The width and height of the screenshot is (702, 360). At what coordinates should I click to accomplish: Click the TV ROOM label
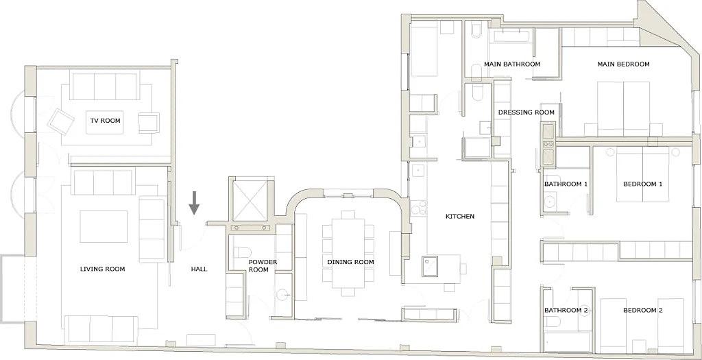pyautogui.click(x=105, y=121)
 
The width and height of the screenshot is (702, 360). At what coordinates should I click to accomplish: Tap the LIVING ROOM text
pyautogui.click(x=103, y=269)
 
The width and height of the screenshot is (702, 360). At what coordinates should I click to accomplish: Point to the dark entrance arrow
pyautogui.click(x=194, y=203)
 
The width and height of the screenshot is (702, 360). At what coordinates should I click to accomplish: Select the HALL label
pyautogui.click(x=199, y=269)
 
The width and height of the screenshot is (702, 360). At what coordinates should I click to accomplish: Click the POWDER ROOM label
pyautogui.click(x=258, y=265)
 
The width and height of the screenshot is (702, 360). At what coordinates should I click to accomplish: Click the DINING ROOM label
pyautogui.click(x=350, y=262)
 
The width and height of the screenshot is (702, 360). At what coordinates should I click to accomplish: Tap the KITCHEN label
pyautogui.click(x=460, y=216)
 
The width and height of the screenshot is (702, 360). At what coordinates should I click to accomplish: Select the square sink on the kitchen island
pyautogui.click(x=430, y=266)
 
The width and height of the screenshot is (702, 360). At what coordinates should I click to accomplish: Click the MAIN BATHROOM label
pyautogui.click(x=512, y=64)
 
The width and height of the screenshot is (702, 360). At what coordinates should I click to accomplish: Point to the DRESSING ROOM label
pyautogui.click(x=526, y=112)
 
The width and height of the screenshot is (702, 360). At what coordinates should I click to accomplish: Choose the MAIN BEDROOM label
pyautogui.click(x=623, y=64)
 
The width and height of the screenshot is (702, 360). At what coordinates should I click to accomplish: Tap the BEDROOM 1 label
pyautogui.click(x=642, y=184)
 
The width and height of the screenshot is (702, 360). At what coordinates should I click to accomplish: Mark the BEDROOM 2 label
pyautogui.click(x=642, y=311)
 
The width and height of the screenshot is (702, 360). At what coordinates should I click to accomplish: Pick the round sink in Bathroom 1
pyautogui.click(x=550, y=200)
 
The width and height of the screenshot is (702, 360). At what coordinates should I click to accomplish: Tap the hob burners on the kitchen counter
pyautogui.click(x=419, y=208)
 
